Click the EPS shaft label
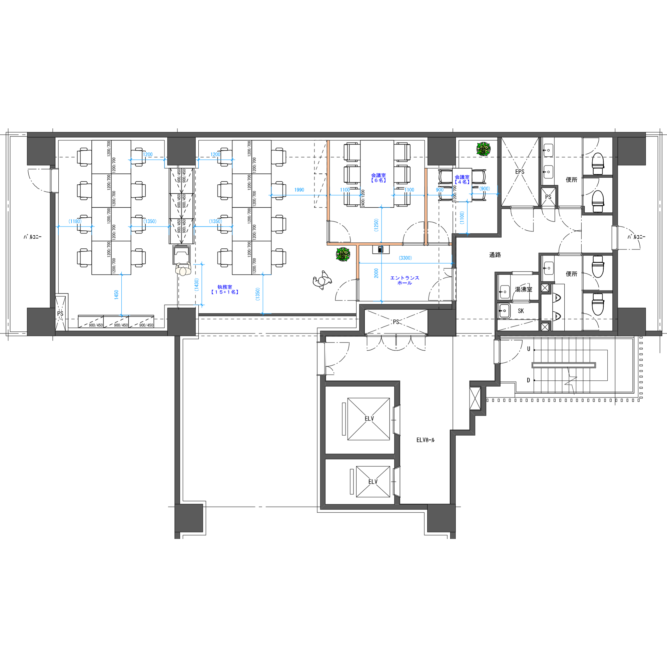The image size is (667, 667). [520, 171]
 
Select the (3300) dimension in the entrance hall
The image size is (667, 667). [405, 258]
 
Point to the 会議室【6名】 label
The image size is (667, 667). [379, 178]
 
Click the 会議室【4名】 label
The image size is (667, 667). [462, 179]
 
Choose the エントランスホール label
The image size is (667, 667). [405, 280]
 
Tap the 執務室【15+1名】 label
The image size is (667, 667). [225, 289]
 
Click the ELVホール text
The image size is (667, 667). [425, 440]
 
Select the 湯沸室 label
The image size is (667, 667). [523, 289]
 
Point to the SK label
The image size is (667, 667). [521, 311]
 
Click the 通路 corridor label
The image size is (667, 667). [495, 255]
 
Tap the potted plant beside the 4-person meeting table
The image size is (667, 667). [483, 149]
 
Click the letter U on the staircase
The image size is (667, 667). [528, 349]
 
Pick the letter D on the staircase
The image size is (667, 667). [528, 380]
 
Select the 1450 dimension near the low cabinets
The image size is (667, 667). [116, 294]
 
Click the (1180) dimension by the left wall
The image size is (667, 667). [75, 221]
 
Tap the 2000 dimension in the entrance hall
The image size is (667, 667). [376, 273]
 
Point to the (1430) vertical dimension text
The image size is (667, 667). [196, 285]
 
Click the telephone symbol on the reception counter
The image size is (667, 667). [381, 249]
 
